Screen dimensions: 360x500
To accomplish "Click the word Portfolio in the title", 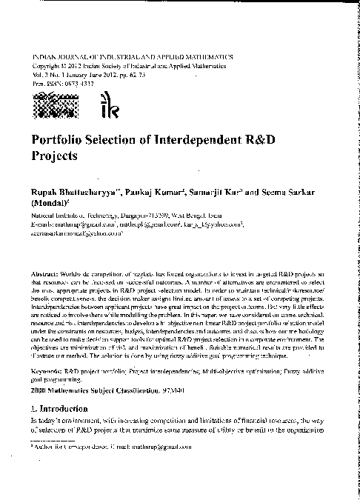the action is pyautogui.click(x=56, y=140).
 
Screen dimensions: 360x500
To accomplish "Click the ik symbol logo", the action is pyautogui.click(x=106, y=110).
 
